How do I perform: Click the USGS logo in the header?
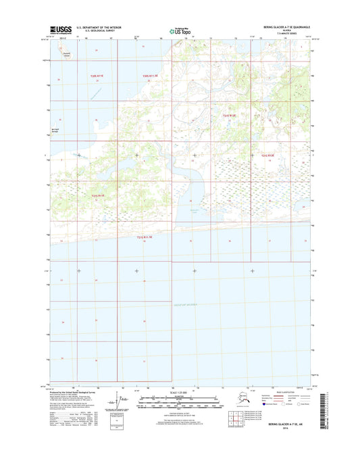[61, 29]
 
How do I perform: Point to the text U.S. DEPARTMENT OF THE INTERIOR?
[102, 28]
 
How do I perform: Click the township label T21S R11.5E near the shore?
[145, 237]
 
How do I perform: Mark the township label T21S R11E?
[99, 195]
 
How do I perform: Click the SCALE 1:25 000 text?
[180, 393]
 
